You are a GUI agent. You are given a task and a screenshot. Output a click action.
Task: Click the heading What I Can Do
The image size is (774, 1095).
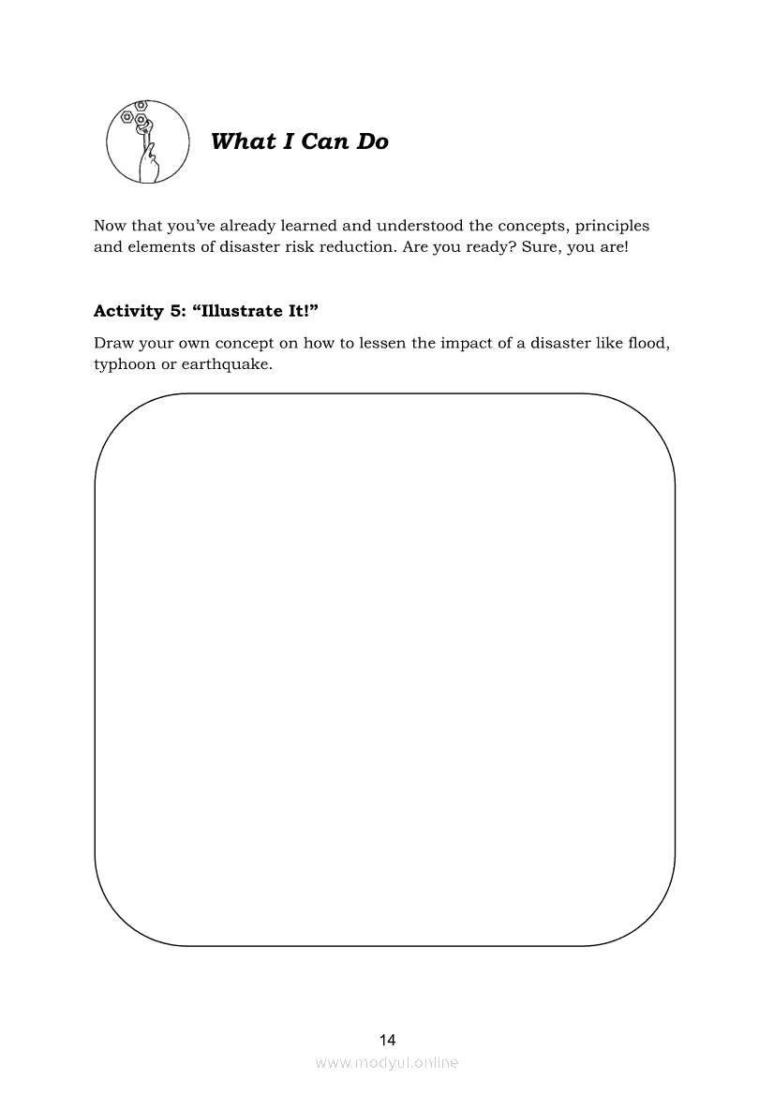coord(300,141)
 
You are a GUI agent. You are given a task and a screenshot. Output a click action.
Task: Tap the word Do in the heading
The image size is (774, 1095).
coord(371,141)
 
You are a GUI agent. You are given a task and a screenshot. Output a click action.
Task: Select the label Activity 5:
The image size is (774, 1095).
coord(138,311)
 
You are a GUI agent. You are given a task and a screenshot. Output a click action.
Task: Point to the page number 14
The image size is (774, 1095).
coord(387,1040)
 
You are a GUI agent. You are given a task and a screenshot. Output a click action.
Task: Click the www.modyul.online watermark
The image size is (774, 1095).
coord(387,1063)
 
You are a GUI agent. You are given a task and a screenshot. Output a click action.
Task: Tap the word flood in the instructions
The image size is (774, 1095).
coord(646,343)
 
